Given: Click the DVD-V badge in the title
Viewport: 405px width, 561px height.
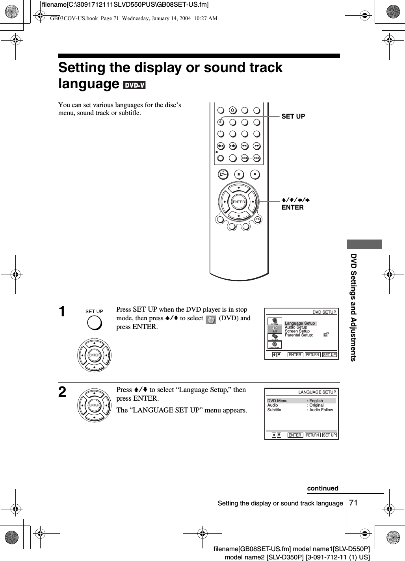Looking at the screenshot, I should (x=134, y=85).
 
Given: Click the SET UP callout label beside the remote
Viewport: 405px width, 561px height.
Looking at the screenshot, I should (x=293, y=116).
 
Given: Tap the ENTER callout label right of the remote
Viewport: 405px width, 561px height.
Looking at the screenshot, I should (x=292, y=207).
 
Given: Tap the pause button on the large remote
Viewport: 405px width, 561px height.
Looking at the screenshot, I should (x=239, y=174).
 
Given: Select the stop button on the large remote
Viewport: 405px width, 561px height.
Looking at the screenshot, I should (x=255, y=174).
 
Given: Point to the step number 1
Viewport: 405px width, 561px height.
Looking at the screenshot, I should (x=62, y=312).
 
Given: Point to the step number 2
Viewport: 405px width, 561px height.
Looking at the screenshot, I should (x=62, y=392).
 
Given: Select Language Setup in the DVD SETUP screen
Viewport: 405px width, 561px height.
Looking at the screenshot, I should (x=300, y=323).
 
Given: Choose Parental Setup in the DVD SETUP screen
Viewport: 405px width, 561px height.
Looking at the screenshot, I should (x=299, y=335).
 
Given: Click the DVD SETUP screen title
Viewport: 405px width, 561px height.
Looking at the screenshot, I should (x=324, y=312).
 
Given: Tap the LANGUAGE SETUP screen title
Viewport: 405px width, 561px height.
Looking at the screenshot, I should (x=317, y=392).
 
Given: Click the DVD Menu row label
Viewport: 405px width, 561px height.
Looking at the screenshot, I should (x=277, y=401).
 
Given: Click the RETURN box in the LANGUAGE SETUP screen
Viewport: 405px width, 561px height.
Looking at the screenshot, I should (x=312, y=435).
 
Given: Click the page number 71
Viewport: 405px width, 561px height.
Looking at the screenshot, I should (x=353, y=503).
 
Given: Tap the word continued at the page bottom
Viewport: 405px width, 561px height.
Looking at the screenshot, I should (x=323, y=488).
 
